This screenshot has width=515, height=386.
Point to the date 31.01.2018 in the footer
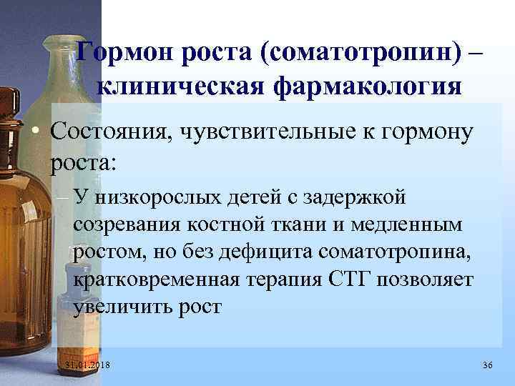pyautogui.click(x=92, y=365)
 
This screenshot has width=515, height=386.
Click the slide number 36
pyautogui.click(x=488, y=365)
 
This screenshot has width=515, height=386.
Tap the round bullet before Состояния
pyautogui.click(x=34, y=132)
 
